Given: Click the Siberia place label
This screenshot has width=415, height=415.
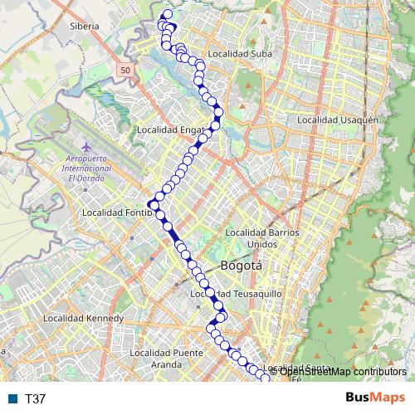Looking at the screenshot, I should tap(85, 26).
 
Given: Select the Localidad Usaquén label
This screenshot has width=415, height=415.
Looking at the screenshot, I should tap(337, 120).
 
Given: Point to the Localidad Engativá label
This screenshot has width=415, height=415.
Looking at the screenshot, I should tap(169, 130).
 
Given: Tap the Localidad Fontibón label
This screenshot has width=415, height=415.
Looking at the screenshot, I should tap(117, 212).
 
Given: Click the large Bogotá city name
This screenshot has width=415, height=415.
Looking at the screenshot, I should tap(242, 266).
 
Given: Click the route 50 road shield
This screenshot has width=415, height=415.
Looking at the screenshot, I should tap(124, 71).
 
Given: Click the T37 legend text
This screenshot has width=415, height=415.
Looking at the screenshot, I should tap(35, 399).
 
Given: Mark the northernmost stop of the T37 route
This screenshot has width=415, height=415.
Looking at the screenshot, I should tap(168, 13).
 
